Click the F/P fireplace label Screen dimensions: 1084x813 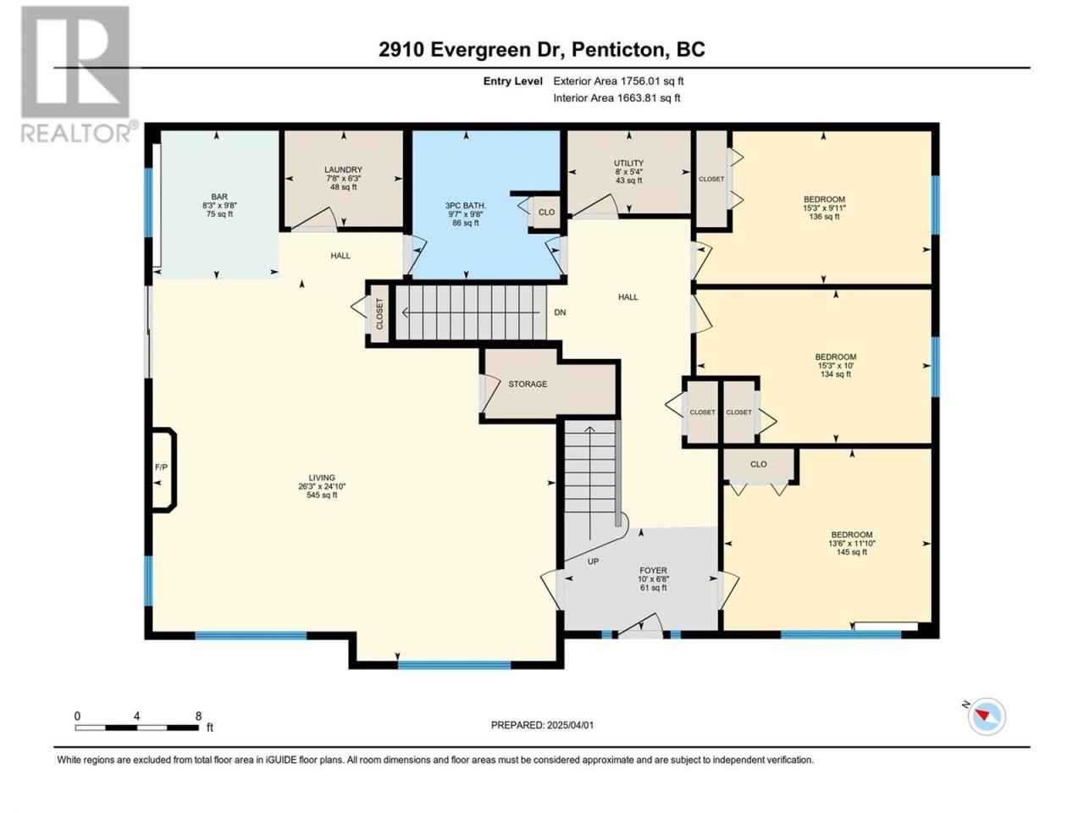click(x=161, y=467)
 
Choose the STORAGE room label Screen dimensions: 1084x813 click(x=528, y=384)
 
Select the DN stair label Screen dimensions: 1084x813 click(x=560, y=312)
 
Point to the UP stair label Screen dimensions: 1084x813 click(x=593, y=561)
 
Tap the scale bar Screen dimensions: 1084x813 click(x=137, y=727)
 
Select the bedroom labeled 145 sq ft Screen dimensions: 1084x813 click(x=851, y=544)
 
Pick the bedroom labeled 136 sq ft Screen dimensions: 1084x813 click(x=824, y=207)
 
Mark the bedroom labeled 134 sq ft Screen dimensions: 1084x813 click(x=835, y=365)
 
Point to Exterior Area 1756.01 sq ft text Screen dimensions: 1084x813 click(x=618, y=81)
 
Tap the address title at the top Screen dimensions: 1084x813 click(x=542, y=49)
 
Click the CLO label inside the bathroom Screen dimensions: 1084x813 click(x=546, y=213)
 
